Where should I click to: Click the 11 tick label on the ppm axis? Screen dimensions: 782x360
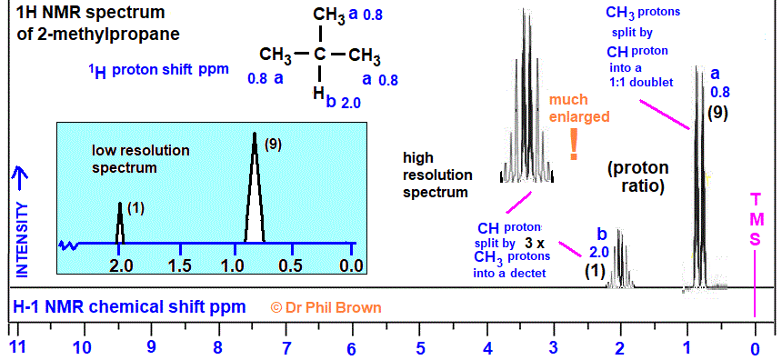click(18, 347)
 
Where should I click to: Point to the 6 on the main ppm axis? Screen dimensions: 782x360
click(351, 348)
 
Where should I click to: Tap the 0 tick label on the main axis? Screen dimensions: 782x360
click(755, 348)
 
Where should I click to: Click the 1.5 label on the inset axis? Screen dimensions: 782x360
click(179, 265)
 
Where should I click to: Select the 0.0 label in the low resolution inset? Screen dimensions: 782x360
click(351, 265)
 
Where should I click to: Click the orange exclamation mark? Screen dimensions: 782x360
click(574, 145)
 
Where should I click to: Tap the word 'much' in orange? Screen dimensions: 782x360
click(568, 100)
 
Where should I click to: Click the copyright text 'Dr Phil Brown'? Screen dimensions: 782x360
click(333, 307)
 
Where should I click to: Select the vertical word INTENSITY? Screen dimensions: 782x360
click(22, 239)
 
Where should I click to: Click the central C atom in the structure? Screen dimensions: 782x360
click(320, 54)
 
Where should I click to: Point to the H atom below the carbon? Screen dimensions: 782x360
click(318, 92)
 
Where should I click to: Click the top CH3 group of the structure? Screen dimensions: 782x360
click(328, 15)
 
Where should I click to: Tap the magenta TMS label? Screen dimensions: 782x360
click(756, 219)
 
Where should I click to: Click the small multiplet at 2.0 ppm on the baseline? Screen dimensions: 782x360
click(620, 258)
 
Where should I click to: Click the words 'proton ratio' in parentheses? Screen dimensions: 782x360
click(638, 177)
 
